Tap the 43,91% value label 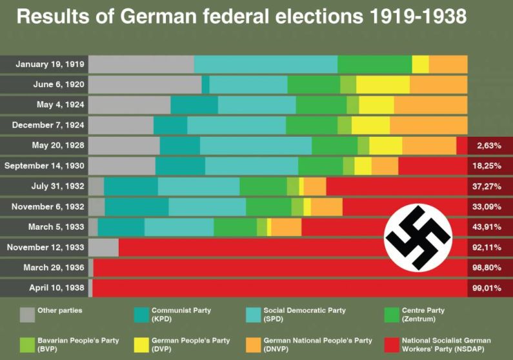488,227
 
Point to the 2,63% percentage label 489,146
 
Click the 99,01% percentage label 488,288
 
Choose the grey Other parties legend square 27,314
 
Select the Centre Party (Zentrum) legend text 423,314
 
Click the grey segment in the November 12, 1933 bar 103,247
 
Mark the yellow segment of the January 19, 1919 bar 420,65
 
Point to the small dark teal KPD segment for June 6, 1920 205,85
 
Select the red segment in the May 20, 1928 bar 461,146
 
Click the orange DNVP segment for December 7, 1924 428,125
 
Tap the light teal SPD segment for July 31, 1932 198,186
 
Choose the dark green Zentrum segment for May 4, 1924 321,105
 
